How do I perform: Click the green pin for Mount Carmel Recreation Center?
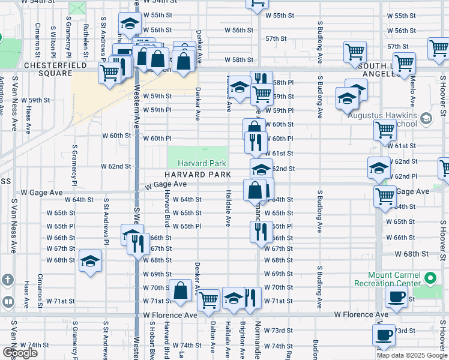click(x=430, y=278)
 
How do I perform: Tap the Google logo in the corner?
click(x=19, y=352)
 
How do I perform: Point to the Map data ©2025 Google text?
click(x=412, y=355)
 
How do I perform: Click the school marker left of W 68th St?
click(x=90, y=261)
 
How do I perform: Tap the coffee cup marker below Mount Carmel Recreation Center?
click(x=396, y=297)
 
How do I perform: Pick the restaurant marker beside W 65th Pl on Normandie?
click(x=261, y=231)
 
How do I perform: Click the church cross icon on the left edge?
click(x=7, y=280)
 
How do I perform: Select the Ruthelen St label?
click(x=86, y=37)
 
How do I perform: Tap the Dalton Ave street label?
click(x=213, y=340)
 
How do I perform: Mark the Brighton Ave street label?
click(x=243, y=340)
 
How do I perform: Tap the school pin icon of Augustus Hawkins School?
click(x=426, y=118)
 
